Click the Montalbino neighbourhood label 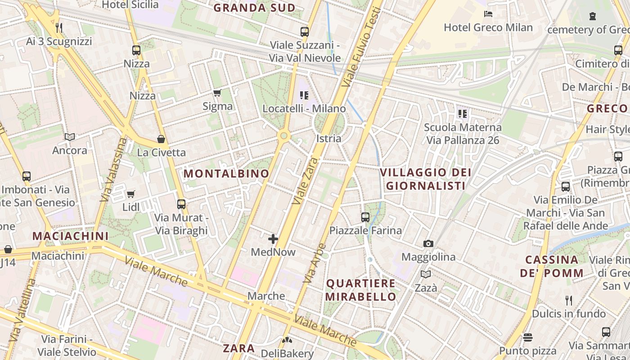[226, 173]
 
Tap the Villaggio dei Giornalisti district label [426, 179]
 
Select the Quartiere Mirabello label [360, 290]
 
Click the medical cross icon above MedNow [273, 239]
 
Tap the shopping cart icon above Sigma [217, 93]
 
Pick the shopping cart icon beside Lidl [130, 194]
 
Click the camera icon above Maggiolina [428, 244]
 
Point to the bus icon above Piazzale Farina [365, 217]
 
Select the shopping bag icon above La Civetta [161, 139]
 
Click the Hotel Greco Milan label [488, 27]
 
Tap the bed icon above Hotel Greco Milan [488, 14]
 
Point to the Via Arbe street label [315, 263]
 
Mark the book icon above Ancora [70, 137]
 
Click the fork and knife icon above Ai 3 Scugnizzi [59, 28]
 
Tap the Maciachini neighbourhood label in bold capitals [71, 236]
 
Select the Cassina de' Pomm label [552, 266]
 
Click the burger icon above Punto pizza [528, 337]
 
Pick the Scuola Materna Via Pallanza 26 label [463, 134]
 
